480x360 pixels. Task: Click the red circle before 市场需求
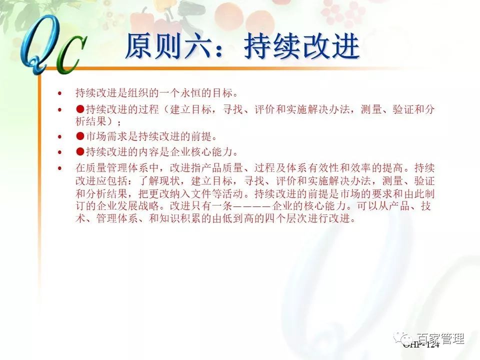click(80, 136)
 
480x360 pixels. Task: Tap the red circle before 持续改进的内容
click(80, 151)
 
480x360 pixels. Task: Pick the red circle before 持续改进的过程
click(80, 109)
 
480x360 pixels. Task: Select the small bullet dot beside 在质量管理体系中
click(60, 168)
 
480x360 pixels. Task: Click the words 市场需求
click(106, 136)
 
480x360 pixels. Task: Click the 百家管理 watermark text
click(440, 338)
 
